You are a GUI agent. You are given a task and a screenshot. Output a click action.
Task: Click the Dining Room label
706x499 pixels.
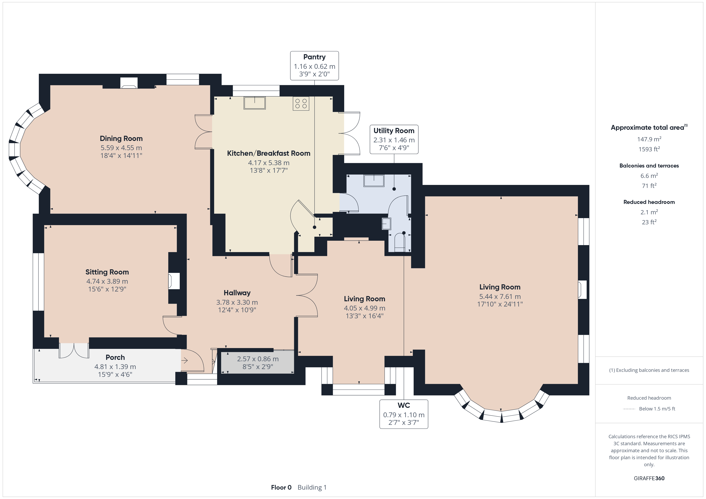coord(121,139)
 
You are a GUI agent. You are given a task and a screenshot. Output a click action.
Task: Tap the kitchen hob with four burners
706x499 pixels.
coord(301,104)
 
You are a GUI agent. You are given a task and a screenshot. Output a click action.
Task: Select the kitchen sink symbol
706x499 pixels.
coord(255,103)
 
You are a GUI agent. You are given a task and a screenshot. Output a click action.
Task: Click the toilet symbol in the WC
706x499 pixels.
coord(400,243)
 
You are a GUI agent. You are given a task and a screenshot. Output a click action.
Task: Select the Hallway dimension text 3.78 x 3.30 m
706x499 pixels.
coord(237,302)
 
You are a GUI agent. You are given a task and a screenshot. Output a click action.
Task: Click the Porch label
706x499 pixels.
coord(115,357)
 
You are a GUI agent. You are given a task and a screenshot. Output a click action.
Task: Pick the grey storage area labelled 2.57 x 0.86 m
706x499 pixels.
coord(258,363)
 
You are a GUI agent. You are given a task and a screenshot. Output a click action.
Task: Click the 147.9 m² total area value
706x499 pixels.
coord(649,139)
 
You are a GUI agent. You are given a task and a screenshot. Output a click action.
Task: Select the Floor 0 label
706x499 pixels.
coord(281,487)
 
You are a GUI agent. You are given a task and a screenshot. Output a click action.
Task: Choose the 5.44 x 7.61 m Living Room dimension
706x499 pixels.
coord(500,296)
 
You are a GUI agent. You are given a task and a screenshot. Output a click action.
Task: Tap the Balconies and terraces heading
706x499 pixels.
coord(649,166)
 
